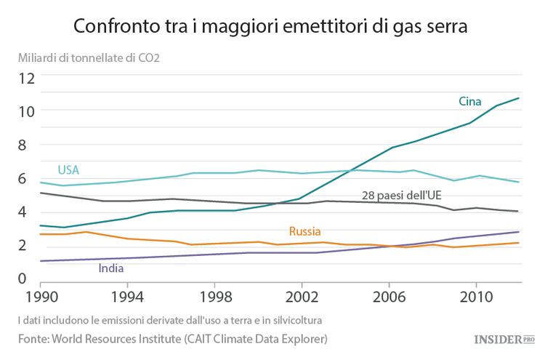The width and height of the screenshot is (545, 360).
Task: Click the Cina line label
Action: coord(469,101)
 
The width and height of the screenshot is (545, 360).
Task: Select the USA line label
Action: coord(68,170)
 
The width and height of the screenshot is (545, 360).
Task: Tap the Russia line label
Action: coord(304,231)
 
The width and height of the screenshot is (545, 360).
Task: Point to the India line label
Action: coord(110,268)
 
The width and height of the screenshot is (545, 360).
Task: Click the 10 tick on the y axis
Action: coord(27,112)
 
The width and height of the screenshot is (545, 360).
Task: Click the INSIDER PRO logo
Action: coord(504,339)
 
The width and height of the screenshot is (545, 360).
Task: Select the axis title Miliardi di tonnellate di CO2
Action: coord(89,57)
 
